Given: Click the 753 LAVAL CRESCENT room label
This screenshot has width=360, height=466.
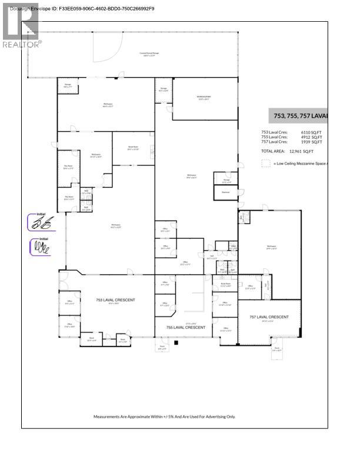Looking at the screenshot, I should pyautogui.click(x=115, y=300).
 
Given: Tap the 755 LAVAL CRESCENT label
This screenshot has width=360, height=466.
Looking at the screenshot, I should pyautogui.click(x=186, y=327).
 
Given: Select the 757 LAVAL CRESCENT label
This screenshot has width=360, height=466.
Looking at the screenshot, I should pyautogui.click(x=269, y=317).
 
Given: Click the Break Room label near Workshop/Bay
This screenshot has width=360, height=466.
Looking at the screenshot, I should pyautogui.click(x=133, y=148).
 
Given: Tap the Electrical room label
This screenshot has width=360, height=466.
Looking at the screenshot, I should pyautogui.click(x=225, y=192).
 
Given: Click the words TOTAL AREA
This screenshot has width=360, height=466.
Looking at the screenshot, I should pyautogui.click(x=275, y=151).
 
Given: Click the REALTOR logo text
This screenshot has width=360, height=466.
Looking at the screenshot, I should pyautogui.click(x=22, y=44).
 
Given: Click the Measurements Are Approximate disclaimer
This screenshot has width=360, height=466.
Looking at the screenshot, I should pyautogui.click(x=164, y=417).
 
